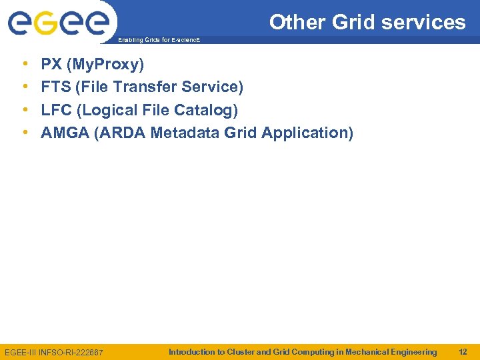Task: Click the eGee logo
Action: pyautogui.click(x=58, y=23)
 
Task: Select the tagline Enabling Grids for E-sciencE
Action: pyautogui.click(x=158, y=41)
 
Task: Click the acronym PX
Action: pyautogui.click(x=51, y=65)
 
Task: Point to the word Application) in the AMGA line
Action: pyautogui.click(x=307, y=133)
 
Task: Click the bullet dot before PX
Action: pyautogui.click(x=25, y=65)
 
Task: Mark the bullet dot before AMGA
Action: pyautogui.click(x=25, y=133)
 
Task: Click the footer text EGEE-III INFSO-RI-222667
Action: pyautogui.click(x=54, y=352)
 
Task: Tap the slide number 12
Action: pyautogui.click(x=463, y=351)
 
